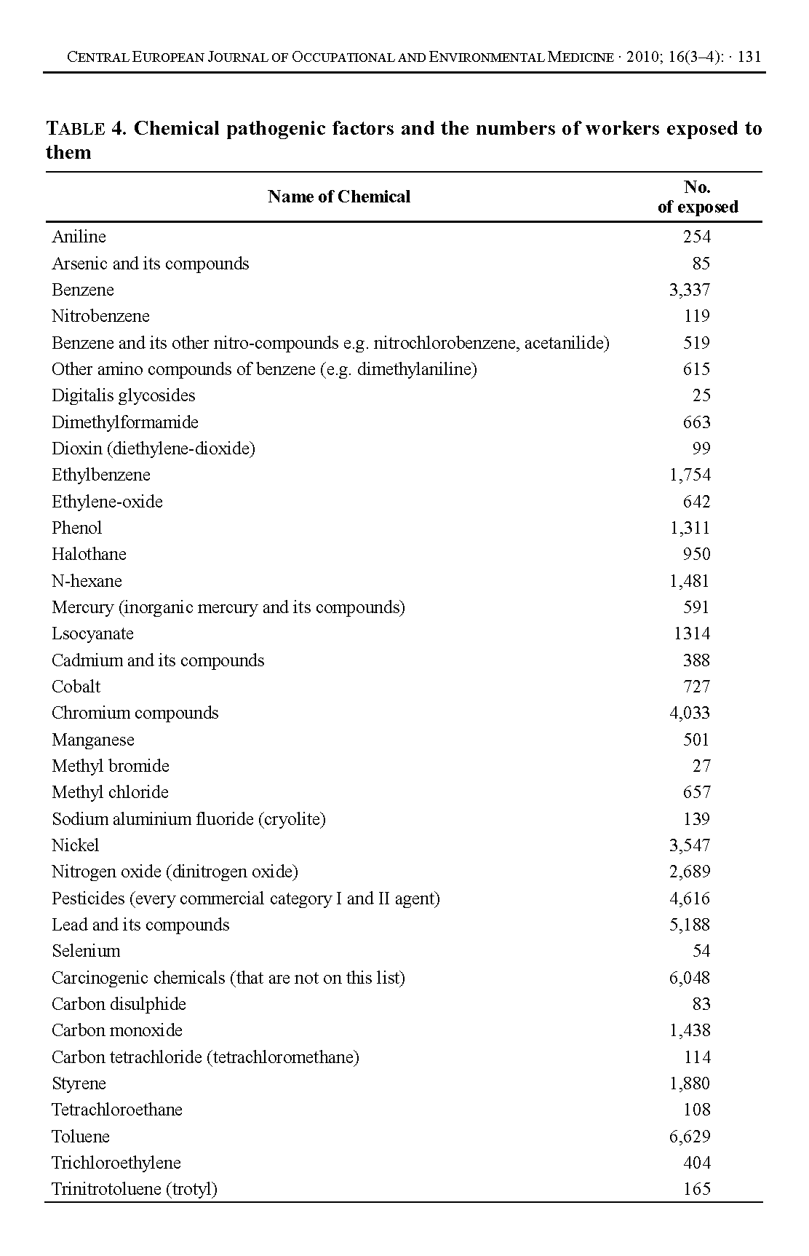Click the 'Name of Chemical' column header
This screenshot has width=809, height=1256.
(x=338, y=197)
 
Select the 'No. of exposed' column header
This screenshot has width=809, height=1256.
(x=697, y=197)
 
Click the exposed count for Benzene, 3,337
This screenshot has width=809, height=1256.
(x=689, y=290)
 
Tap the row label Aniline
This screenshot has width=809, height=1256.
(x=79, y=237)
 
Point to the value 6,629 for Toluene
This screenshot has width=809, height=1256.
(x=689, y=1137)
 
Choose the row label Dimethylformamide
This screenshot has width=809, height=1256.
(x=124, y=422)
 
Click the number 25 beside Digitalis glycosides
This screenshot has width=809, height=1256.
(x=701, y=395)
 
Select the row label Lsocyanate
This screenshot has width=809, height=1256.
(x=92, y=633)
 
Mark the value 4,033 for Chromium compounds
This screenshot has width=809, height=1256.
(x=689, y=713)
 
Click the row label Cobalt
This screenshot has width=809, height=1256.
(x=76, y=687)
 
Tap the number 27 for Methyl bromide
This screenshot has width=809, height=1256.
(x=701, y=766)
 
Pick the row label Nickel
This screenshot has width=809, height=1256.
(x=75, y=845)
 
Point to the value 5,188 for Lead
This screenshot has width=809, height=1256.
(x=689, y=925)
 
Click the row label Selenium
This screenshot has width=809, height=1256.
(x=86, y=951)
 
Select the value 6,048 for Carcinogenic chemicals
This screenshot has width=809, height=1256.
(x=689, y=978)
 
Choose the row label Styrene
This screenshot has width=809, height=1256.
(x=79, y=1083)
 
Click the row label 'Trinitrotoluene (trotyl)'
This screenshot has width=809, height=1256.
(x=135, y=1189)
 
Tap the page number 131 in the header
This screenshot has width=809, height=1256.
(x=749, y=58)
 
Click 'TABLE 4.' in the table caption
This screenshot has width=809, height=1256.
(x=87, y=129)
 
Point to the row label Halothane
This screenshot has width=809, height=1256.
(x=89, y=554)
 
